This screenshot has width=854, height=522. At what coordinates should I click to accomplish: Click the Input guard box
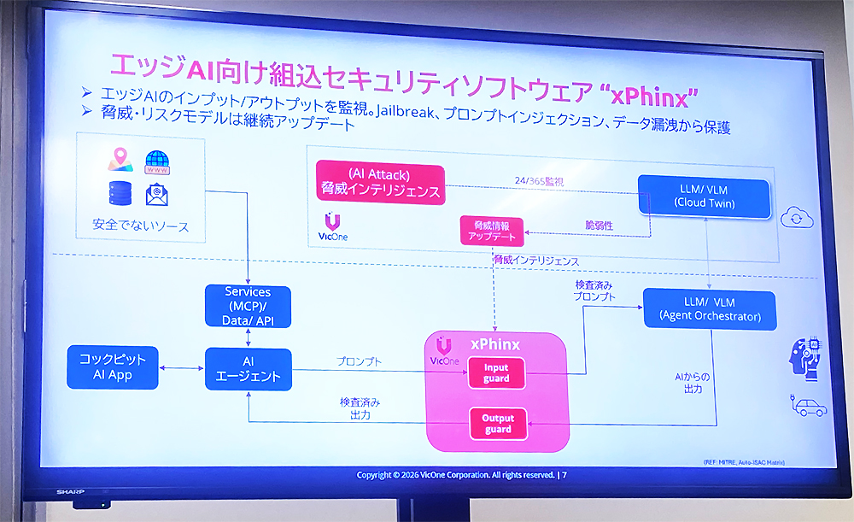coord(496,372)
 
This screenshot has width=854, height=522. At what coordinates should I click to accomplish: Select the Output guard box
coord(496,423)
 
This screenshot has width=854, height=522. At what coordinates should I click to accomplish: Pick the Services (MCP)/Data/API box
coord(248,307)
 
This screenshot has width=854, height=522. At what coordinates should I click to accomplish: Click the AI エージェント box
coord(248,368)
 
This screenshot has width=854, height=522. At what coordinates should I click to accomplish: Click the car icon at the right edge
coord(810,408)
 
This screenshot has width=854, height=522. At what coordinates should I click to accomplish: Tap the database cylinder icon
coord(119,193)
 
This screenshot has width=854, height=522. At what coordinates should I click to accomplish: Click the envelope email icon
coord(156,196)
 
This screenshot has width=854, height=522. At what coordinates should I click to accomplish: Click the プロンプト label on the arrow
coord(359,361)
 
